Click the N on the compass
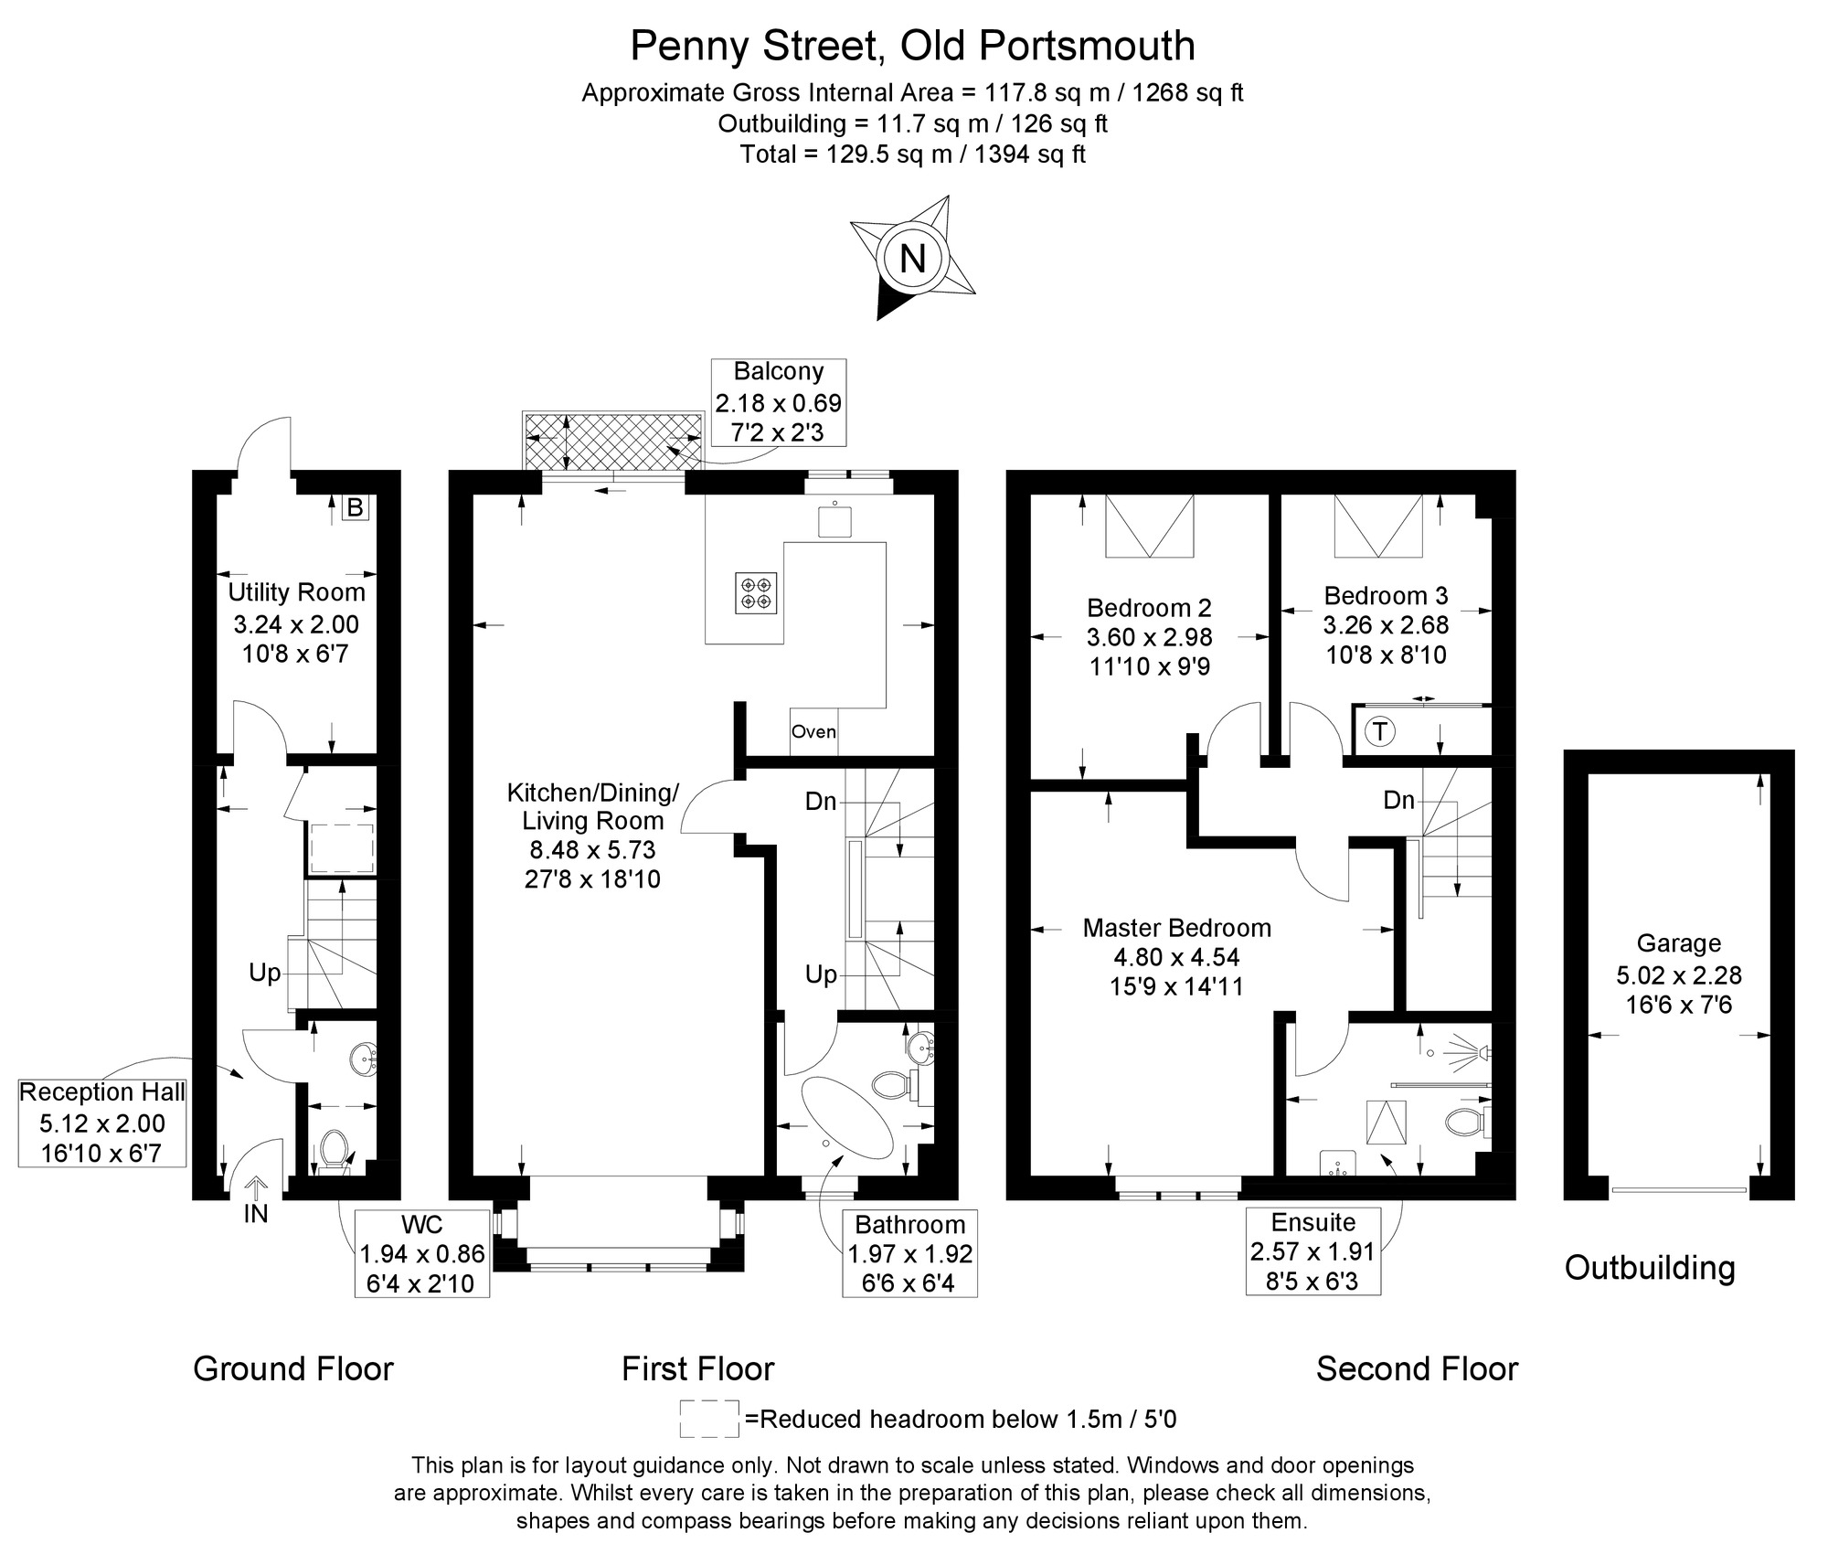pyautogui.click(x=912, y=259)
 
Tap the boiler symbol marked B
pyautogui.click(x=356, y=507)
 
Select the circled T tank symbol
pyautogui.click(x=1380, y=731)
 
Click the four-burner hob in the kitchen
pyautogui.click(x=756, y=592)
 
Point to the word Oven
pyautogui.click(x=813, y=731)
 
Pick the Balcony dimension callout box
pyautogui.click(x=779, y=402)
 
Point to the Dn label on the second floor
pyautogui.click(x=1398, y=801)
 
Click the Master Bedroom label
pyautogui.click(x=1177, y=928)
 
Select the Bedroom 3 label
pyautogui.click(x=1386, y=596)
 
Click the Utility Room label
pyautogui.click(x=296, y=592)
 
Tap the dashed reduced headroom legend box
pyautogui.click(x=709, y=1419)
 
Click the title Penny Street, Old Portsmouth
pyautogui.click(x=913, y=46)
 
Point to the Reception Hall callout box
pyautogui.click(x=102, y=1123)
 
